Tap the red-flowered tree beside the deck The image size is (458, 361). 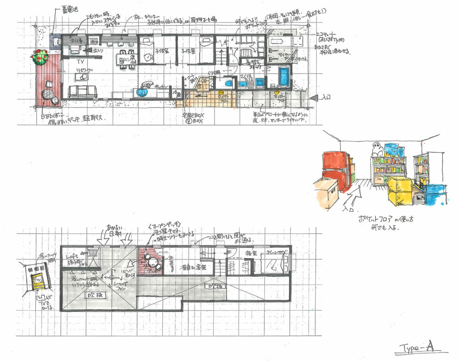tap(40, 57)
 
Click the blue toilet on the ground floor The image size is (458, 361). tap(227, 83)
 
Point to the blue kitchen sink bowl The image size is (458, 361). tap(142, 92)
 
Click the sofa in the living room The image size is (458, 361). tap(83, 91)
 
